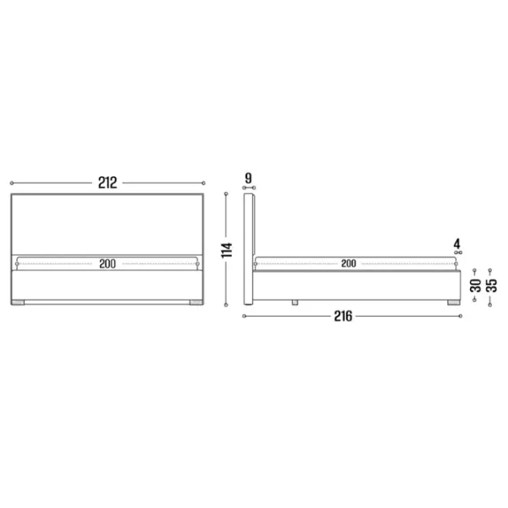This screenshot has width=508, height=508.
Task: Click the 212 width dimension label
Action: tap(108, 183)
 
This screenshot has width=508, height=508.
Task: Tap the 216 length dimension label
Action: tap(343, 316)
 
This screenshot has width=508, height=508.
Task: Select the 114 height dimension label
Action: tap(227, 250)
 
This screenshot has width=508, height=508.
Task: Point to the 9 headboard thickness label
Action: tap(248, 178)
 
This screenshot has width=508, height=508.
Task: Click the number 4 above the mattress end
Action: tap(457, 244)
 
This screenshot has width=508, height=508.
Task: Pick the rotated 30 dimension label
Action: tap(476, 285)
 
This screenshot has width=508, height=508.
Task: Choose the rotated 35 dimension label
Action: tap(491, 285)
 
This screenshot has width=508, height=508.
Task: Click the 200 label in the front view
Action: tap(108, 263)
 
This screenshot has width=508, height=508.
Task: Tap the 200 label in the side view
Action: tap(349, 263)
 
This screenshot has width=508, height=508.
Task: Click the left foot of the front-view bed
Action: tap(18, 302)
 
